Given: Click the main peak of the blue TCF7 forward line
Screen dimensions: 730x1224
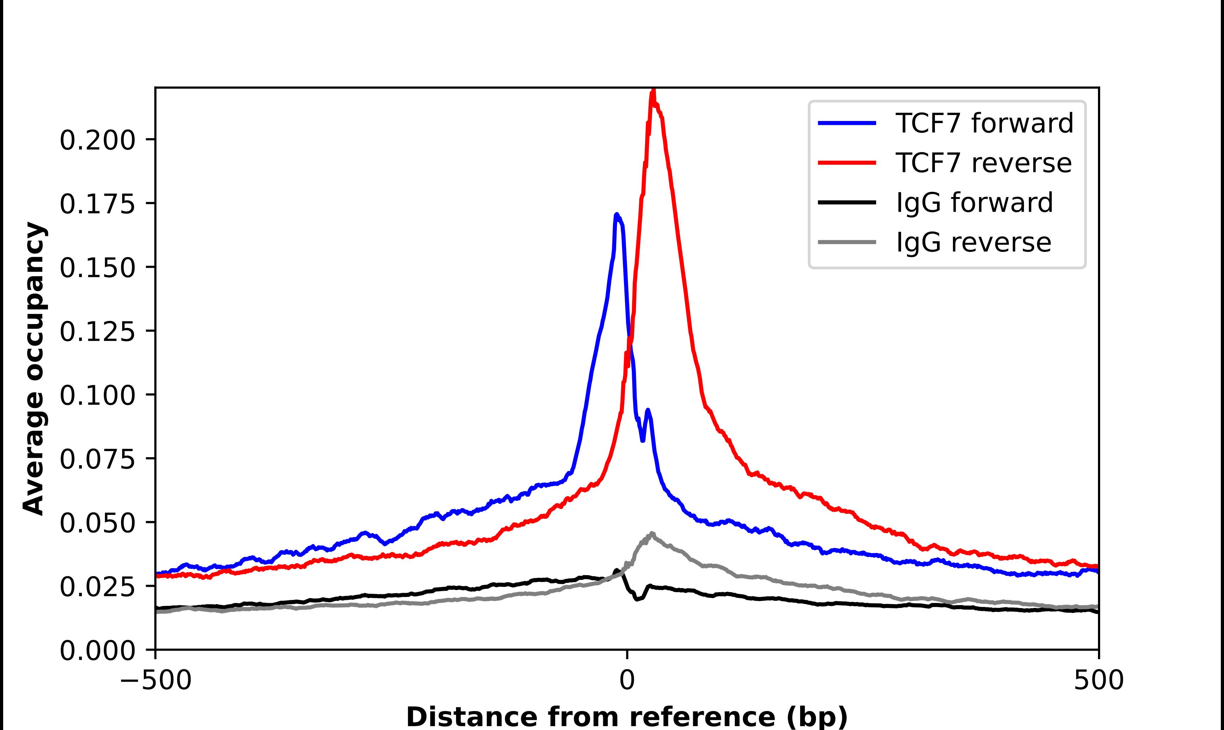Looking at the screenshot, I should click(x=617, y=215).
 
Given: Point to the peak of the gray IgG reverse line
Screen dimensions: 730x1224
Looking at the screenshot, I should click(x=652, y=533).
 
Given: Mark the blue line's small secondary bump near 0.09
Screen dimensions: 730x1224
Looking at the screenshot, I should click(x=648, y=410).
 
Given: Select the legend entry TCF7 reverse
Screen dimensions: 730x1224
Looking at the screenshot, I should click(x=983, y=163).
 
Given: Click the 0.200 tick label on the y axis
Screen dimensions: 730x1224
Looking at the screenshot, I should click(x=97, y=141).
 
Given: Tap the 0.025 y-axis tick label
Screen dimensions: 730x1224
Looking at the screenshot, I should click(x=97, y=587).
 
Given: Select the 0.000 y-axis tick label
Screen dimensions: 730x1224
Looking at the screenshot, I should click(x=97, y=651).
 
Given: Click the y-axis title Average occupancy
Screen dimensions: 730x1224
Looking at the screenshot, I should click(x=35, y=369).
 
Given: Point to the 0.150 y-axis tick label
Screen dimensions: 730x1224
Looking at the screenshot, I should click(x=97, y=268).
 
